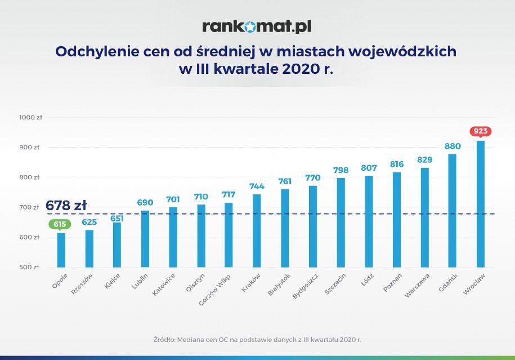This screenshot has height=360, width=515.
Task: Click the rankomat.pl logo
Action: (257, 26)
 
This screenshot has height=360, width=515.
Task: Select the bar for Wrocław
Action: (480, 204)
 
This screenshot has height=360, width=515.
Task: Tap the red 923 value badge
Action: (480, 131)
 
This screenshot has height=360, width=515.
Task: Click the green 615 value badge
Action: (61, 224)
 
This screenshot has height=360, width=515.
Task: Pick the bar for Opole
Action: (61, 250)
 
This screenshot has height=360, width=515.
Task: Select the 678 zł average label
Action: (66, 205)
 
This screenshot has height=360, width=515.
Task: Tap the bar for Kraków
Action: (257, 230)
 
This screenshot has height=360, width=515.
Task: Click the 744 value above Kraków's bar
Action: (257, 186)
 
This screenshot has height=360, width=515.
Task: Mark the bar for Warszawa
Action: (424, 217)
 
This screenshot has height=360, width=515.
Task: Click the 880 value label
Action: (453, 146)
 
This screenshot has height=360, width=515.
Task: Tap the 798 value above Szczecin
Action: (341, 170)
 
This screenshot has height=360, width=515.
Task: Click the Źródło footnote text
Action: (257, 340)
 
